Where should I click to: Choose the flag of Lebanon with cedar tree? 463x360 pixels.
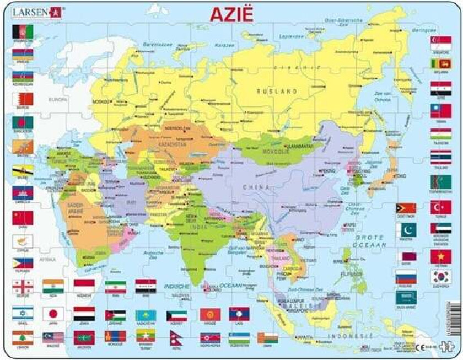pos(23,336)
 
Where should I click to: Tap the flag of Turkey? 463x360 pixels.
pos(441,207)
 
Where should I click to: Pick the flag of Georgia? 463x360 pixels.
pos(23,286)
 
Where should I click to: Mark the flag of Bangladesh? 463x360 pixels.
pos(23,122)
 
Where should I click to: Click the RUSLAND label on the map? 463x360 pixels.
pos(280,91)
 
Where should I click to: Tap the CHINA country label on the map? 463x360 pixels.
pos(257,187)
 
